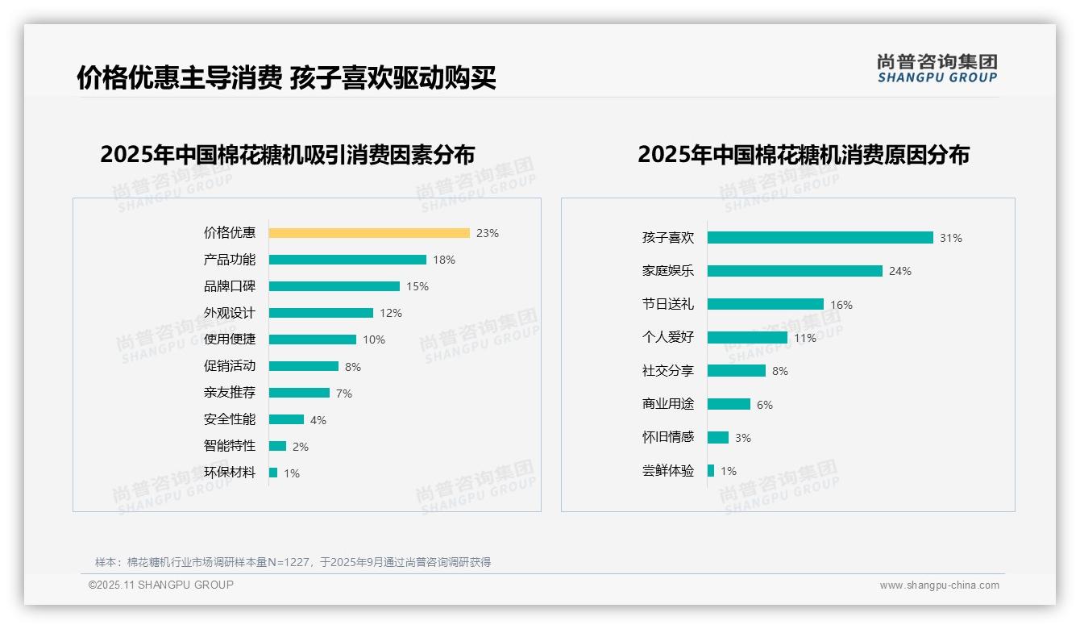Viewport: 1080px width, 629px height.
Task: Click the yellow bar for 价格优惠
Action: point(369,233)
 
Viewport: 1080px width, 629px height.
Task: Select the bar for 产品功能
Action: point(347,260)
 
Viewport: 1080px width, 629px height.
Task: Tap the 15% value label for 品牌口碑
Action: point(417,286)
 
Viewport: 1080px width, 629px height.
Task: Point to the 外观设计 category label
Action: point(230,313)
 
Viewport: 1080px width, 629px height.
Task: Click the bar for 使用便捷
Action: point(313,339)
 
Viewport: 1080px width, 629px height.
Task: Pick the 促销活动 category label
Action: point(230,366)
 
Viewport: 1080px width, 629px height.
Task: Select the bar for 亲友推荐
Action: point(299,393)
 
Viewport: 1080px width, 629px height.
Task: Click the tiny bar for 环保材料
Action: point(273,473)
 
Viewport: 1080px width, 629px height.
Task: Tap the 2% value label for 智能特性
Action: point(301,447)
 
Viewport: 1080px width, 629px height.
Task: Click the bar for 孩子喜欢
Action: point(820,238)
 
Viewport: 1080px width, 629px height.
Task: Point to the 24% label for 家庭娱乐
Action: point(900,272)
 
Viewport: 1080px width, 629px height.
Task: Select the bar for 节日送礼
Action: point(766,304)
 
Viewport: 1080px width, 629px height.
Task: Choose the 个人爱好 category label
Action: point(668,338)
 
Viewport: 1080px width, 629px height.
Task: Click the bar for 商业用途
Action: point(729,404)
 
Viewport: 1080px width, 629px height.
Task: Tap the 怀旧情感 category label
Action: point(668,437)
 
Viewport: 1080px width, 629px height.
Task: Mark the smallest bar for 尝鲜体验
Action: point(711,471)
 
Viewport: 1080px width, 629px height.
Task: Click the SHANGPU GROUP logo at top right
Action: point(937,69)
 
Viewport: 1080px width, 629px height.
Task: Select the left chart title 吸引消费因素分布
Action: point(288,154)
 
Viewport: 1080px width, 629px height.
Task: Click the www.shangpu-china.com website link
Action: point(939,585)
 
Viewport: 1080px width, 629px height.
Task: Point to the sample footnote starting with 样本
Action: point(293,562)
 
